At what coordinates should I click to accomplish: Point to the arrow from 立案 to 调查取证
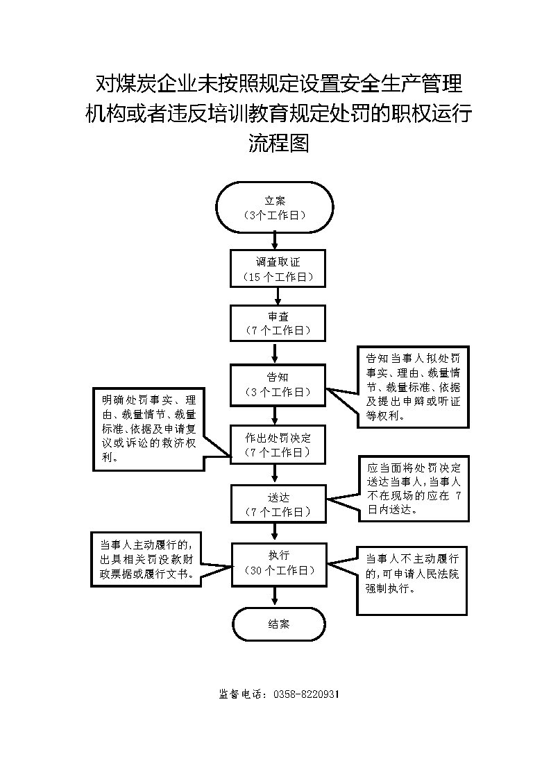pyautogui.click(x=275, y=241)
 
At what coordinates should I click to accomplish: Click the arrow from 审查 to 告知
pyautogui.click(x=275, y=353)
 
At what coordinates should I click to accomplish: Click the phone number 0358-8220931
pyautogui.click(x=306, y=694)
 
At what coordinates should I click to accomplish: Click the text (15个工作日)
pyautogui.click(x=278, y=277)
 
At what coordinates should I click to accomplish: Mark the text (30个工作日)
pyautogui.click(x=280, y=571)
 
